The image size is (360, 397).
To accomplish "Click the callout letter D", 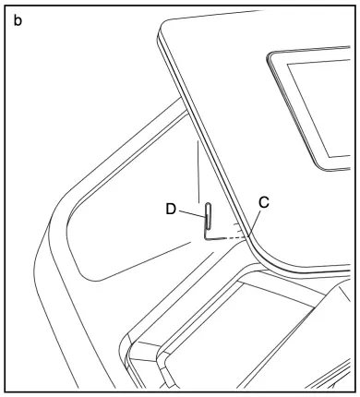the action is [171, 210].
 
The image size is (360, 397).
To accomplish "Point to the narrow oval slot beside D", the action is [209, 214].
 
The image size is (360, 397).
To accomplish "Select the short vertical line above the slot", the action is [198, 171].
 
